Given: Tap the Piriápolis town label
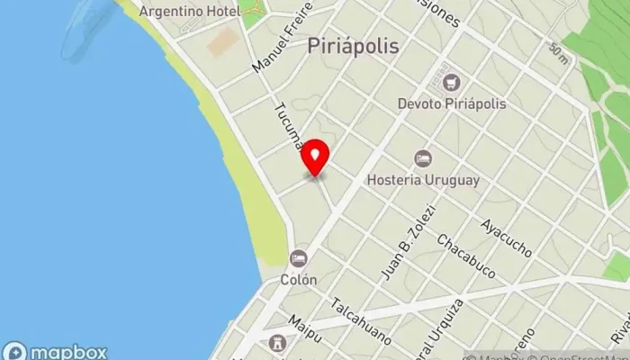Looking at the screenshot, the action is pyautogui.click(x=353, y=44).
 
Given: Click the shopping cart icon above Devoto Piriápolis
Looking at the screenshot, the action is pyautogui.click(x=452, y=83).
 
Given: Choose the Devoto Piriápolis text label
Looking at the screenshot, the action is pyautogui.click(x=452, y=103).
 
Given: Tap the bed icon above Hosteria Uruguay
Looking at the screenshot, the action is pyautogui.click(x=422, y=158).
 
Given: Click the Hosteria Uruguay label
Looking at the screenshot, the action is pyautogui.click(x=422, y=179).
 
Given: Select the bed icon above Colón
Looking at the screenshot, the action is pyautogui.click(x=299, y=258).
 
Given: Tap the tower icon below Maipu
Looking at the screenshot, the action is pyautogui.click(x=278, y=345).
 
